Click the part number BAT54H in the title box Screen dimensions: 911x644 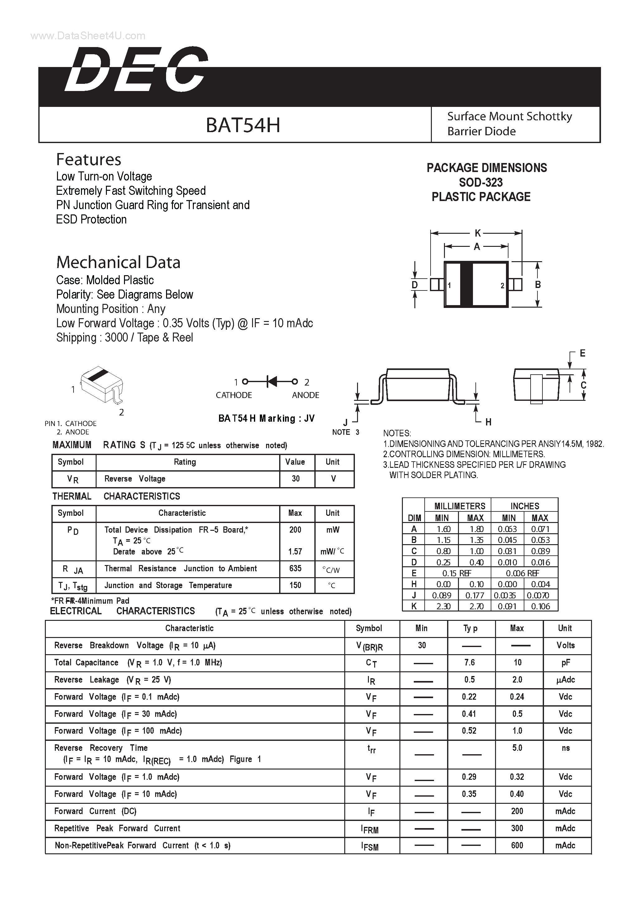click(x=243, y=125)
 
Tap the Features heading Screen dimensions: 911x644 click(x=88, y=160)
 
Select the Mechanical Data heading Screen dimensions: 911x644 click(x=118, y=262)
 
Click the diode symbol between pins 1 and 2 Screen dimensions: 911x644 click(x=272, y=382)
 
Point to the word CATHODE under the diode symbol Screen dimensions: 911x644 click(x=234, y=395)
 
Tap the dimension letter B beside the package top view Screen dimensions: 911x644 click(x=538, y=285)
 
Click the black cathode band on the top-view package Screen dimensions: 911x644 click(x=466, y=284)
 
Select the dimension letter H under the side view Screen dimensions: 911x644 click(x=488, y=422)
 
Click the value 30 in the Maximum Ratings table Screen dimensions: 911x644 click(x=296, y=479)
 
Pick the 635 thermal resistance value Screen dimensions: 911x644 click(x=295, y=568)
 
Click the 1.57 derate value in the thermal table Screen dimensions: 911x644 click(x=295, y=552)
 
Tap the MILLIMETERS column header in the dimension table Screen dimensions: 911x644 click(x=460, y=506)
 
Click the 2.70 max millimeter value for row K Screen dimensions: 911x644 click(x=476, y=606)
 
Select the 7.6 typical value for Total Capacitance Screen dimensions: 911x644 click(x=470, y=662)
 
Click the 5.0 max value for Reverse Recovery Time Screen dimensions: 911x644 click(x=517, y=748)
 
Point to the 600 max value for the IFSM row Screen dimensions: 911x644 click(x=517, y=845)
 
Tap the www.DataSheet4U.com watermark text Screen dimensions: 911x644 click(x=88, y=36)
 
